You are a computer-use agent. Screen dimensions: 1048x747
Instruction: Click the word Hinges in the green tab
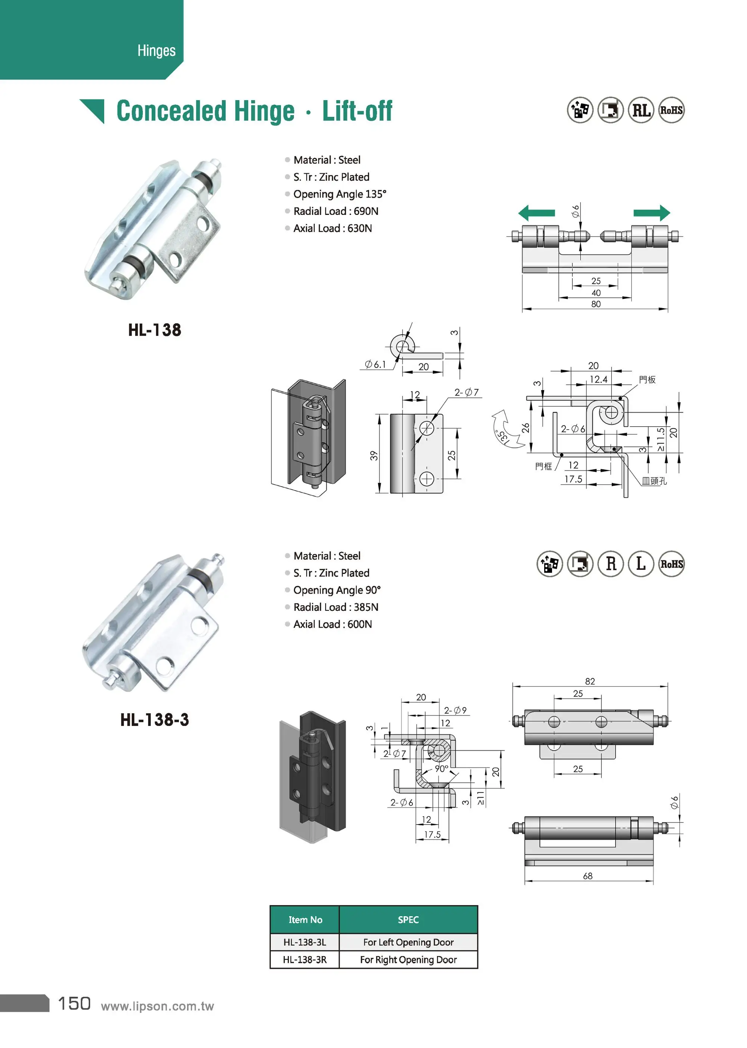156,50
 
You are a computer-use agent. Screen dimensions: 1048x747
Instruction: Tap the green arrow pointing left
536,213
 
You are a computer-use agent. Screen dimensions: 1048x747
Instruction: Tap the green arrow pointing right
652,213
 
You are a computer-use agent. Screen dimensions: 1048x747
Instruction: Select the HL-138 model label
155,330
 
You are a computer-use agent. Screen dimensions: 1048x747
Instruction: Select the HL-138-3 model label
155,720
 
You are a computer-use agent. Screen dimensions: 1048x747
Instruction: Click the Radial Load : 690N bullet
335,211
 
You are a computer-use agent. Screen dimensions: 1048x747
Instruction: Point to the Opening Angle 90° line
337,590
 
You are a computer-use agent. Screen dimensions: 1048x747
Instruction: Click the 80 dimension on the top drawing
596,304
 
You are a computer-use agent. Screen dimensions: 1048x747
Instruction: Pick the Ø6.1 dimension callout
375,364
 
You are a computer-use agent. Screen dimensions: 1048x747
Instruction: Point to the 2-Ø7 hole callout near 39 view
467,392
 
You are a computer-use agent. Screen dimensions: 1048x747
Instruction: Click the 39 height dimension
374,455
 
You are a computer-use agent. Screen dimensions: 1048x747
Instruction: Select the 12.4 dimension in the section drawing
598,380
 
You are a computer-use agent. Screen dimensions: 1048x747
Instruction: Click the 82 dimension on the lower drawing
590,681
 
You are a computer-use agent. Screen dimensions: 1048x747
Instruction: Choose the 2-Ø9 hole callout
455,710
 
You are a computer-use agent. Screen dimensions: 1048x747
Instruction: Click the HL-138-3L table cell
304,942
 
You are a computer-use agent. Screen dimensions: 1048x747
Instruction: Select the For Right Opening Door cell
408,960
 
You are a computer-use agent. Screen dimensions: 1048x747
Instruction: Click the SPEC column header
408,919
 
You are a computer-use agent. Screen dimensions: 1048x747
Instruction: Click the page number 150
74,1004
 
